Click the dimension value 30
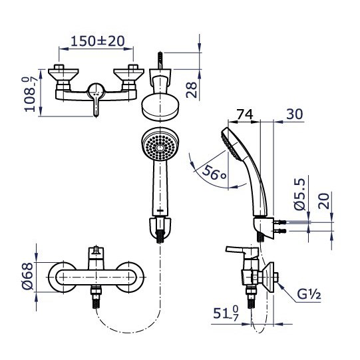pos(294,115)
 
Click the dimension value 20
pos(323,200)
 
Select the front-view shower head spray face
pos(160,146)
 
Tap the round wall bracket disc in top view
pos(160,106)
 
